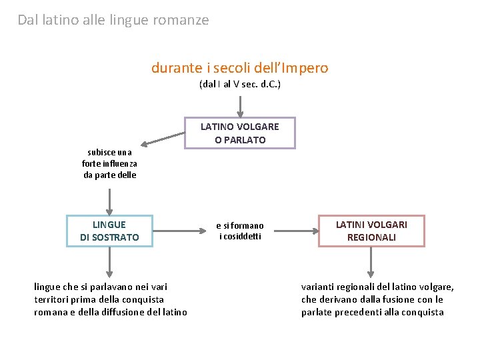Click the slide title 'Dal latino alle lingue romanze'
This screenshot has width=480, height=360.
coord(113,20)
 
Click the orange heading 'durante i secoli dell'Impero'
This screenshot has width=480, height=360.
coord(239,68)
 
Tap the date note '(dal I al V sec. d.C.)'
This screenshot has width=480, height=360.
coord(239,85)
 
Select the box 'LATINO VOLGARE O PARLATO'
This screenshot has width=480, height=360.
coord(240,133)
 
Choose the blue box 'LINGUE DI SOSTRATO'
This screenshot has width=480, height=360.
coord(109,231)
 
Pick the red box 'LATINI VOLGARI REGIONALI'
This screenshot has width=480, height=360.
coord(371,231)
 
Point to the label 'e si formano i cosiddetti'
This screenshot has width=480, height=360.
coord(240,231)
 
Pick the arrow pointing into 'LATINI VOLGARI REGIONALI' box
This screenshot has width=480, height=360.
coord(297,231)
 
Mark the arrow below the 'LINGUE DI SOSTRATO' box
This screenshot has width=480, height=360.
coord(110,262)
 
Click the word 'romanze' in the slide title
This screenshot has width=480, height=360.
coord(182,20)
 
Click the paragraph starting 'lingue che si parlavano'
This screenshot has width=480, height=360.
coord(110,299)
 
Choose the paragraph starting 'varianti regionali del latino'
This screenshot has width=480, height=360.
coord(377,299)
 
